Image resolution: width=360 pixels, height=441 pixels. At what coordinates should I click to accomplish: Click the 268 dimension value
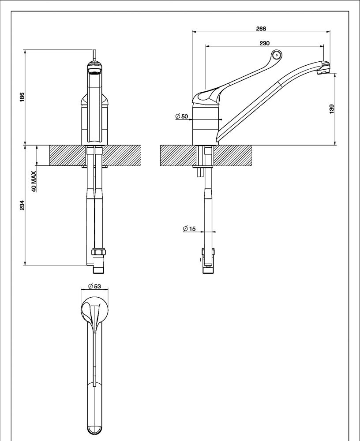tap(261, 29)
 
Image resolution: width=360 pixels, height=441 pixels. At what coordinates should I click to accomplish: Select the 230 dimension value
tap(264, 43)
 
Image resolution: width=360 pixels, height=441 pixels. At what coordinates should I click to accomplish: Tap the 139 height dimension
tap(332, 108)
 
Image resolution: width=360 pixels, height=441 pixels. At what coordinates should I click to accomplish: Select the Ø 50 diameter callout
tap(182, 116)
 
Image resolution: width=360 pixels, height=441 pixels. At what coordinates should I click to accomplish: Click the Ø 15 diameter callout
tap(189, 228)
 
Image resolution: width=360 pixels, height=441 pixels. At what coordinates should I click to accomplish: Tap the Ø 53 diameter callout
tap(94, 286)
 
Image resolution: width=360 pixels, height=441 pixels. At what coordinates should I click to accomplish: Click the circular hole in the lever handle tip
tap(277, 55)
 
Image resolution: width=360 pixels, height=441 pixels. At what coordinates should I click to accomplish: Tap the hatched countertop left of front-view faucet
tap(66, 155)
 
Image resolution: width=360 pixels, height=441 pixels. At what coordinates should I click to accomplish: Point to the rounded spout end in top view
tap(94, 428)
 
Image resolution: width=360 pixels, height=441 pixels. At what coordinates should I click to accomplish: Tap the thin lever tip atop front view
tap(94, 55)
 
